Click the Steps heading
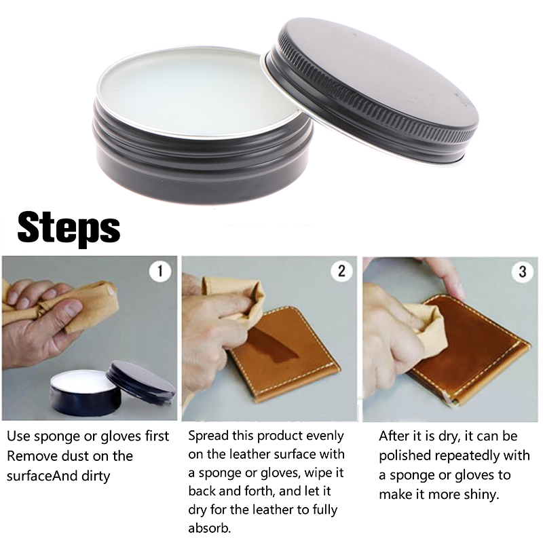click(x=69, y=228)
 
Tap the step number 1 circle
click(x=160, y=271)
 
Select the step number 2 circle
click(x=341, y=271)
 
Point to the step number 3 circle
click(x=523, y=271)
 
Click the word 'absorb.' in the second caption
click(x=209, y=528)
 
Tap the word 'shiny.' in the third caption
click(x=481, y=494)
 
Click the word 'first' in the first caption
click(x=157, y=436)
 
